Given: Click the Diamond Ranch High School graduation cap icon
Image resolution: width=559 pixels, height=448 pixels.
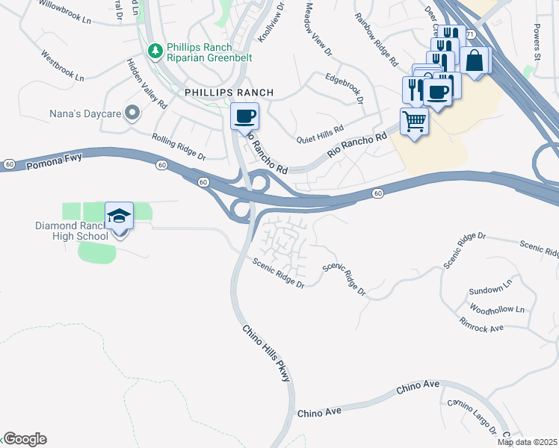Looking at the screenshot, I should tap(120, 217).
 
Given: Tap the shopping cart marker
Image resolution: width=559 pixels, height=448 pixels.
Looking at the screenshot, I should tap(415, 121).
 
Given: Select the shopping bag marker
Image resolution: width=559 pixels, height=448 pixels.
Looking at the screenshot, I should tap(475, 61).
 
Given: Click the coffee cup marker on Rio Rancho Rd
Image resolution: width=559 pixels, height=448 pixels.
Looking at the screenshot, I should tap(244, 117).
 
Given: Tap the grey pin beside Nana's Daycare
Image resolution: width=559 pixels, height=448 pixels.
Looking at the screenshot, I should tap(133, 113).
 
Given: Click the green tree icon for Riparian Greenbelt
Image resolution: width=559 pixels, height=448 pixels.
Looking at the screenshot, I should tap(155, 52).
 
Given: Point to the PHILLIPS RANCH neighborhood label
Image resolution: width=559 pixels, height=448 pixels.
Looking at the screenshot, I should tap(229, 93).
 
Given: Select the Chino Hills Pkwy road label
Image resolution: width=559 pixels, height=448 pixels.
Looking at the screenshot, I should tap(265, 354).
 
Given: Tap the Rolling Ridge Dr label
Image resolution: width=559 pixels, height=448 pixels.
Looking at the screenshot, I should tap(179, 147).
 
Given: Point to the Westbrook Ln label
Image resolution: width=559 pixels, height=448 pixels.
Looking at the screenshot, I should tap(64, 66).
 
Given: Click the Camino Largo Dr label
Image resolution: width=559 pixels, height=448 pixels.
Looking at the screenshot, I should tap(474, 416).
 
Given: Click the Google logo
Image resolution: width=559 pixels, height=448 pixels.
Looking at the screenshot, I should tap(25, 439).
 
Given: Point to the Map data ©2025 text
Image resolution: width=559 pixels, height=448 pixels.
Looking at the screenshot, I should tap(527, 442).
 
